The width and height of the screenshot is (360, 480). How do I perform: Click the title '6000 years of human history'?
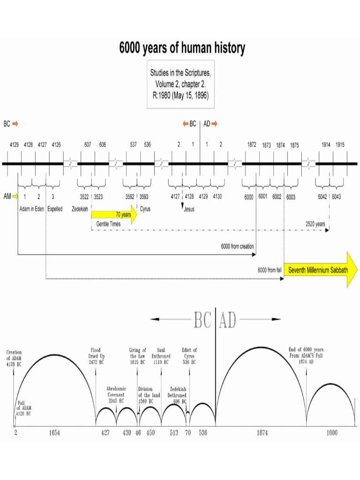(181, 48)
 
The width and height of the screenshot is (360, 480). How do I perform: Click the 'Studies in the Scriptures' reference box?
(180, 84)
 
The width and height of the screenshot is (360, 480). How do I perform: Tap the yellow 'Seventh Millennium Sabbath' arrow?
(318, 270)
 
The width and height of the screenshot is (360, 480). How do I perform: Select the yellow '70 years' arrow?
(114, 215)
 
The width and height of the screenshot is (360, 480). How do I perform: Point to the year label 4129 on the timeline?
(15, 145)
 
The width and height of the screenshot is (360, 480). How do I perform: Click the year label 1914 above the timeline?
(326, 145)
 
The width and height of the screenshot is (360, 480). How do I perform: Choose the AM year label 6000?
(248, 197)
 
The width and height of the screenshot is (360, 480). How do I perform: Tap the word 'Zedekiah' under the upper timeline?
(80, 209)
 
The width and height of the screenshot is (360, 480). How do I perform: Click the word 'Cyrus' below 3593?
(145, 209)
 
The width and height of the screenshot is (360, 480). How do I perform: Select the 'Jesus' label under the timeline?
(189, 210)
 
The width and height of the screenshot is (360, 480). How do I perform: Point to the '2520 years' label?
(315, 224)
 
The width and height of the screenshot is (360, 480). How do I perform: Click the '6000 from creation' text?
(237, 246)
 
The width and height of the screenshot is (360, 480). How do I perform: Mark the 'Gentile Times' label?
(108, 224)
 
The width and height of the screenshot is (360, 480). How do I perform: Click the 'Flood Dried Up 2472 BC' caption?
(96, 356)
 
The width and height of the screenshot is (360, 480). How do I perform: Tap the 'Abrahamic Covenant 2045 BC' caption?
(116, 395)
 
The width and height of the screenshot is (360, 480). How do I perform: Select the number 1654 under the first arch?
(54, 433)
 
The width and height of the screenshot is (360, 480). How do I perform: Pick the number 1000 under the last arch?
(331, 433)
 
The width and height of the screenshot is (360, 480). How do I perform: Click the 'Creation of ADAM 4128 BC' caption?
(14, 358)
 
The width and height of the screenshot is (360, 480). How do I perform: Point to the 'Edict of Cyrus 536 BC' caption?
(189, 356)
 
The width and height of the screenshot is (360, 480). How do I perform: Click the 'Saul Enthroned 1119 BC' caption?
(161, 356)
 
